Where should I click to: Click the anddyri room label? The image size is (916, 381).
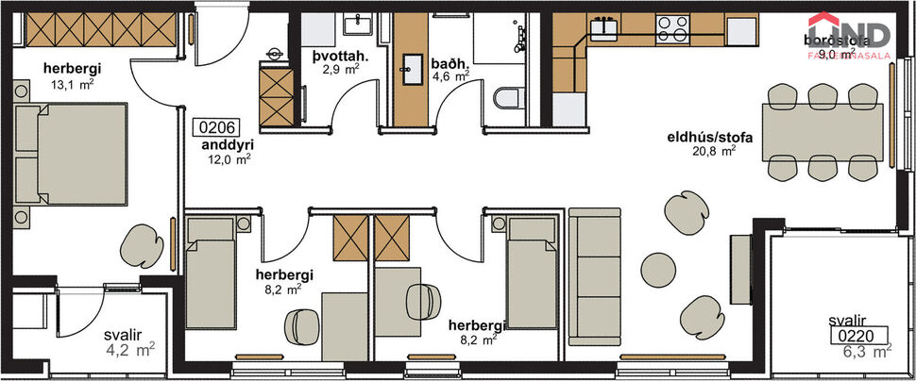point(226,145)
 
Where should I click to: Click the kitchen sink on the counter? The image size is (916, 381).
point(602,25)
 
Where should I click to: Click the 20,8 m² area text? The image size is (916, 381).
point(715,151)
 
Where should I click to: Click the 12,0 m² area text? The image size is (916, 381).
point(229,159)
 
